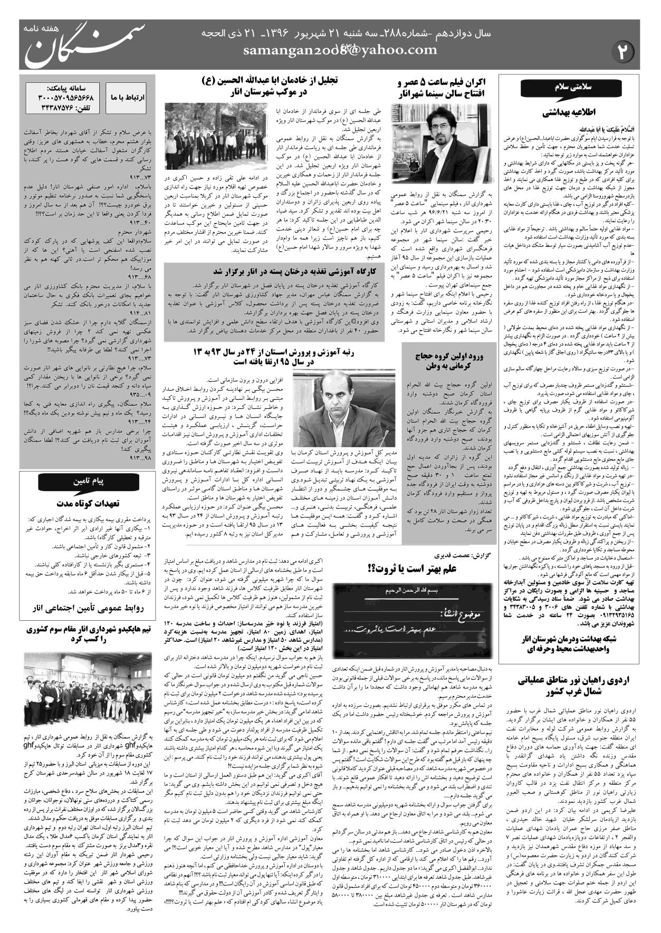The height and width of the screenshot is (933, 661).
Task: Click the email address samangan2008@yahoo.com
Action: pyautogui.click(x=340, y=50)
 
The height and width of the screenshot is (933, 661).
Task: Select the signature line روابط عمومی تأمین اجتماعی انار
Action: pyautogui.click(x=87, y=608)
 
